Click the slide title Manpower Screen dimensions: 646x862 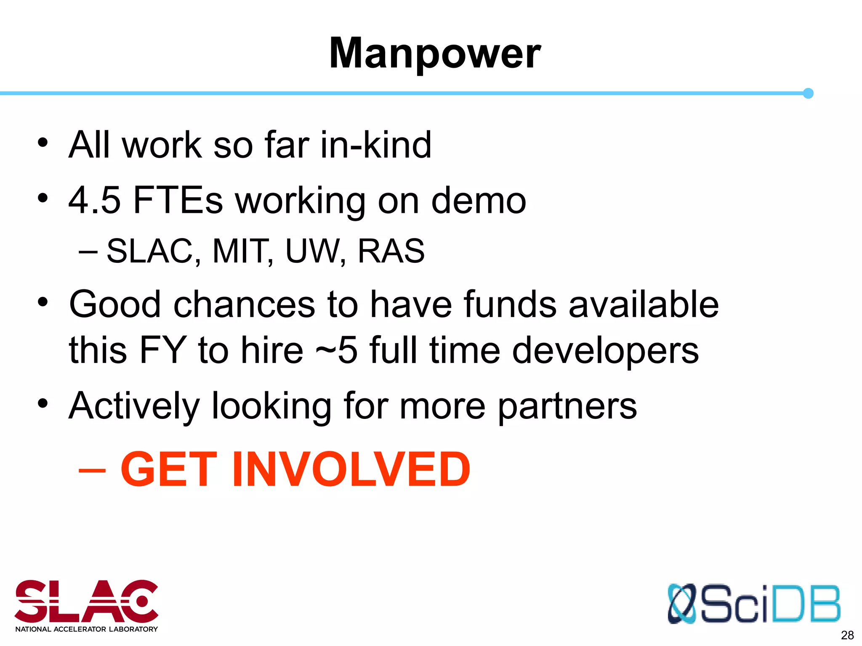click(x=434, y=53)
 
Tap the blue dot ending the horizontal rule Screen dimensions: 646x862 click(x=808, y=93)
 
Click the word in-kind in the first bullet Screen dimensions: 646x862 click(x=376, y=145)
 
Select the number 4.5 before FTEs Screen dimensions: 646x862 click(x=95, y=201)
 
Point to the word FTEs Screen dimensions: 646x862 click(x=178, y=201)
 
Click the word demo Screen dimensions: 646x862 click(x=479, y=201)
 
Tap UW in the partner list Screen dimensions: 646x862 click(x=314, y=251)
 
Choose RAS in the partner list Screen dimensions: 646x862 click(x=391, y=251)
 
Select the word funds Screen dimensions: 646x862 click(x=510, y=304)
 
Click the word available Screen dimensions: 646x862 click(x=644, y=304)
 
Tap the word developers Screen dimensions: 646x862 click(x=605, y=351)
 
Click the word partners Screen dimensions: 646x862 click(x=567, y=407)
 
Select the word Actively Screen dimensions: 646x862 click(x=134, y=406)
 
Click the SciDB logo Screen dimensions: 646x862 click(x=754, y=604)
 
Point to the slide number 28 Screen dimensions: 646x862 click(x=847, y=635)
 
